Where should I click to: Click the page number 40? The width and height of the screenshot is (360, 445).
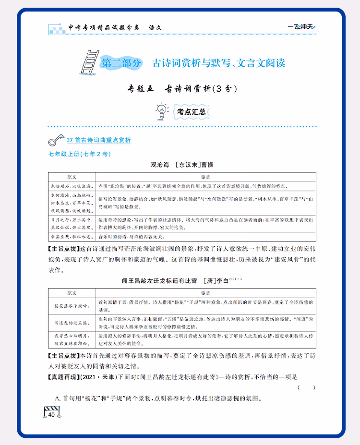click(51, 415)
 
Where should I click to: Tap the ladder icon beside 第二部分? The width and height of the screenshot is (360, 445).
click(88, 61)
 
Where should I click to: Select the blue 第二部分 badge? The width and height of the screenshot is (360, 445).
click(121, 63)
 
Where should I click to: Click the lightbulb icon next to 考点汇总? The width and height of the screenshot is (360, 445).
click(162, 111)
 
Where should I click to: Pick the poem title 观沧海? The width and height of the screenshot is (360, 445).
click(160, 165)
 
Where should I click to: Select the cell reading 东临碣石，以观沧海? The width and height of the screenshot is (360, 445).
click(72, 185)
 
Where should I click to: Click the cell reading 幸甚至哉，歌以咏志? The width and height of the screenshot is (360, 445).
click(72, 237)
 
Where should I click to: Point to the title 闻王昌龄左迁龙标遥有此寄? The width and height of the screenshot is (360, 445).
click(160, 281)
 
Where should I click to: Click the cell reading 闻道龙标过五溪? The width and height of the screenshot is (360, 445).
click(72, 323)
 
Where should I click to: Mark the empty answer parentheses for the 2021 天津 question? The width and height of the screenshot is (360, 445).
click(306, 387)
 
